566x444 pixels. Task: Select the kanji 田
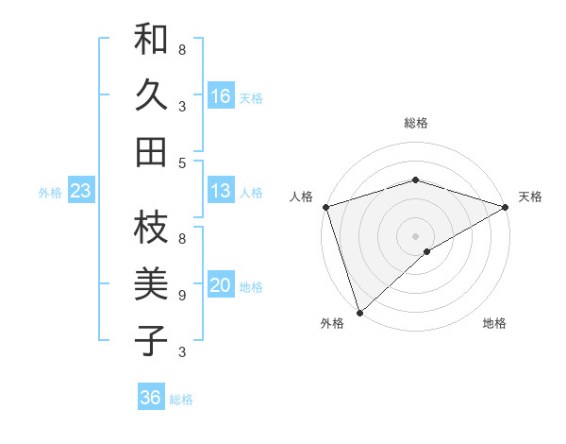(x=152, y=152)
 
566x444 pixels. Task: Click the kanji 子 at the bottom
(x=152, y=340)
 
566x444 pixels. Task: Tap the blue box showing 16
(x=221, y=95)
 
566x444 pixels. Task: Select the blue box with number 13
(x=221, y=191)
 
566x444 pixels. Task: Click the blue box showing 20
(x=221, y=285)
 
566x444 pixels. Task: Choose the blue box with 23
(x=81, y=191)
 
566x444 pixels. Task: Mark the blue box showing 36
(x=151, y=398)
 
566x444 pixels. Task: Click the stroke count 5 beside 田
(x=182, y=163)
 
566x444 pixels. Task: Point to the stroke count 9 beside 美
(x=182, y=296)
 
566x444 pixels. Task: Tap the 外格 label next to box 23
(x=50, y=193)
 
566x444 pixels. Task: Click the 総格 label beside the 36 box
(x=181, y=400)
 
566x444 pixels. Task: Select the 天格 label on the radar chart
(x=530, y=196)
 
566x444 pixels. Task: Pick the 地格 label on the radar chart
(x=494, y=323)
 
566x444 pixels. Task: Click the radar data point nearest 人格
(x=325, y=207)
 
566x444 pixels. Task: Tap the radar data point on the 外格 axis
(x=359, y=312)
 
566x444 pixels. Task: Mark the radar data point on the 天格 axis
(x=505, y=207)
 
